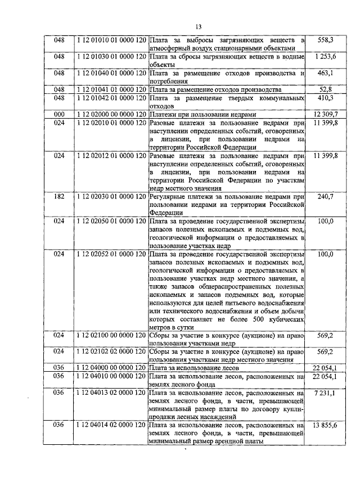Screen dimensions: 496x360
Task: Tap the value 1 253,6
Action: click(x=326, y=57)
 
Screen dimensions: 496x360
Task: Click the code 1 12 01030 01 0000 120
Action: click(x=111, y=57)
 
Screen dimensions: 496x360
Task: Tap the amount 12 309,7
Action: click(x=326, y=114)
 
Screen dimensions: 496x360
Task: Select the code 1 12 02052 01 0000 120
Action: click(x=111, y=254)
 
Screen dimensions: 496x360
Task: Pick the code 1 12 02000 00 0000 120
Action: click(x=111, y=114)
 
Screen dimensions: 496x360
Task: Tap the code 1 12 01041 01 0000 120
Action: click(x=111, y=89)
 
